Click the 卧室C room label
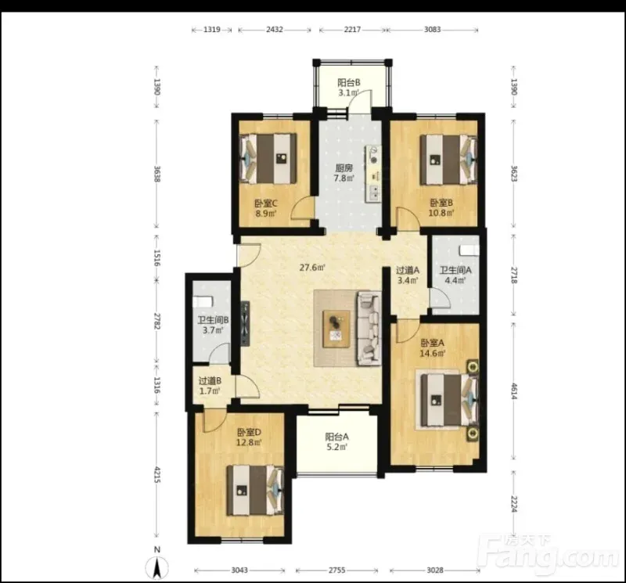pyautogui.click(x=266, y=203)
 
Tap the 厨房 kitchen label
pyautogui.click(x=344, y=168)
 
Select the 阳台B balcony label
pyautogui.click(x=349, y=83)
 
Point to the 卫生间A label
pyautogui.click(x=455, y=270)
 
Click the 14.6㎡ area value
pyautogui.click(x=433, y=353)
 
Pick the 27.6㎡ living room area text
pyautogui.click(x=312, y=267)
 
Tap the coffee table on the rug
pyautogui.click(x=336, y=329)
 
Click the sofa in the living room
pyautogui.click(x=369, y=328)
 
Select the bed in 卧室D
pyautogui.click(x=255, y=490)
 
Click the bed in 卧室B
pyautogui.click(x=448, y=160)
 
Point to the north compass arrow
pyautogui.click(x=157, y=567)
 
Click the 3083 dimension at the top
pyautogui.click(x=433, y=29)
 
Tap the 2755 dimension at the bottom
pyautogui.click(x=337, y=570)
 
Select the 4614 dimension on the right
pyautogui.click(x=514, y=391)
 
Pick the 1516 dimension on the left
pyautogui.click(x=157, y=258)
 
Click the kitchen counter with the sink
pyautogui.click(x=373, y=174)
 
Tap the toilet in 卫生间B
pyautogui.click(x=202, y=301)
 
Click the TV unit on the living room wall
pyautogui.click(x=245, y=323)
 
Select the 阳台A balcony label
pyautogui.click(x=336, y=437)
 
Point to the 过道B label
pyautogui.click(x=210, y=381)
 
